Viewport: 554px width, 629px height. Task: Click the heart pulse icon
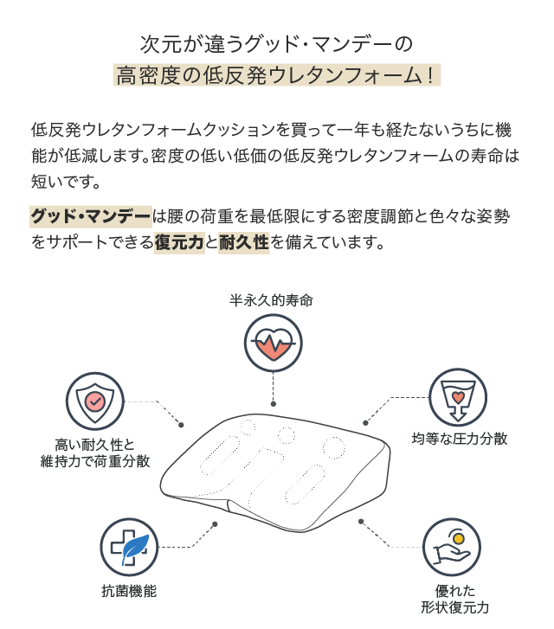coord(274,343)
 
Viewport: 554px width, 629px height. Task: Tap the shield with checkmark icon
coord(95,401)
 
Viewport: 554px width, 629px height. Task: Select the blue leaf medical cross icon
coord(129,547)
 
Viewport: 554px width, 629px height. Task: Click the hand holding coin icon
coord(452,547)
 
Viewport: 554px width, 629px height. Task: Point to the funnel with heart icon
coord(458,397)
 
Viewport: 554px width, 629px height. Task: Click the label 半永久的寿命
coord(272,300)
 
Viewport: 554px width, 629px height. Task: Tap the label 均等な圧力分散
coord(460,439)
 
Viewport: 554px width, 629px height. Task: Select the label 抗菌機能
coord(129,591)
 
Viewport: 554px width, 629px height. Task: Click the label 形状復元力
coord(454,607)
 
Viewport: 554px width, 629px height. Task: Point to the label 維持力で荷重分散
coord(95,461)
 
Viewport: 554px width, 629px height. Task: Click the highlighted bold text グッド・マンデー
coord(91,216)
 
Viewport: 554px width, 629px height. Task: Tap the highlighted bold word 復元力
coord(179,242)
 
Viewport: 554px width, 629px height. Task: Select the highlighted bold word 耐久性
coord(244,242)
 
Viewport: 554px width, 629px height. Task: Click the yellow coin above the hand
coord(459,537)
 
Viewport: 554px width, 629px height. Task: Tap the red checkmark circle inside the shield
coord(95,401)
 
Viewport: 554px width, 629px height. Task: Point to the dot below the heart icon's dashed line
coord(274,404)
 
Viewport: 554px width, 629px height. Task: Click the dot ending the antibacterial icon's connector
coord(215,524)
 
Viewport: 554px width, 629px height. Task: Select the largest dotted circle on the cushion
coord(333,447)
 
